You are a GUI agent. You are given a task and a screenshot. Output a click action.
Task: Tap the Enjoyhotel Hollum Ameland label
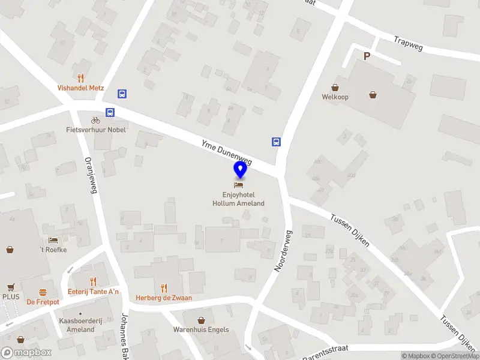click(238, 199)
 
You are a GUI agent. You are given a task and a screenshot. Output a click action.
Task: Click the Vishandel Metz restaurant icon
click(80, 77)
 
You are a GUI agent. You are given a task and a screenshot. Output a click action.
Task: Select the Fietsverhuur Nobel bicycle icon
click(95, 120)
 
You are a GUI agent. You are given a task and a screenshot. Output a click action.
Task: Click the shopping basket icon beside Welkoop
click(373, 95)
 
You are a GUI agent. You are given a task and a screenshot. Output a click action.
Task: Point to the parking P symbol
click(367, 56)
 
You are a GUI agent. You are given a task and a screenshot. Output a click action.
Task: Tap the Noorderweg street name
click(283, 251)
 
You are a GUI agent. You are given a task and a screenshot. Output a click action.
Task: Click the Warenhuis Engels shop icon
click(202, 320)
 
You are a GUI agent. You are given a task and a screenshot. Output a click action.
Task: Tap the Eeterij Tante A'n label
click(93, 292)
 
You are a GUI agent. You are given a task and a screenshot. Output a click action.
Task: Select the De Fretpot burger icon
click(43, 292)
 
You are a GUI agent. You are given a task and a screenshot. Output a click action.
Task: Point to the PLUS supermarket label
click(11, 297)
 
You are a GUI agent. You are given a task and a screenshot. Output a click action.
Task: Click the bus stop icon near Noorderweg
click(276, 142)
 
